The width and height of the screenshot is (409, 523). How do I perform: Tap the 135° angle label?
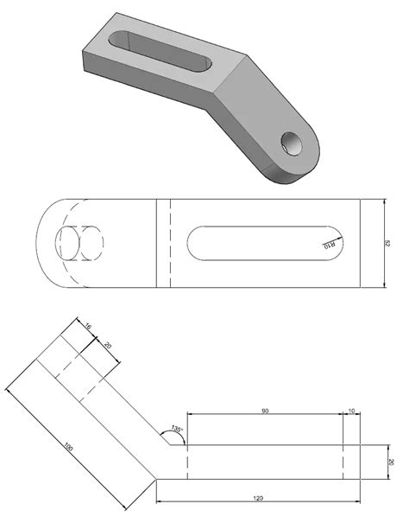(178, 430)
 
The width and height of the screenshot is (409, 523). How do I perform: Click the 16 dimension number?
(89, 326)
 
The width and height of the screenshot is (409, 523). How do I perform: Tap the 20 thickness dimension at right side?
(390, 462)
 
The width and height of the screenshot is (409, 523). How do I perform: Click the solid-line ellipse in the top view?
(67, 245)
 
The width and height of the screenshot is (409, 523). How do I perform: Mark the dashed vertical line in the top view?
(171, 243)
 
